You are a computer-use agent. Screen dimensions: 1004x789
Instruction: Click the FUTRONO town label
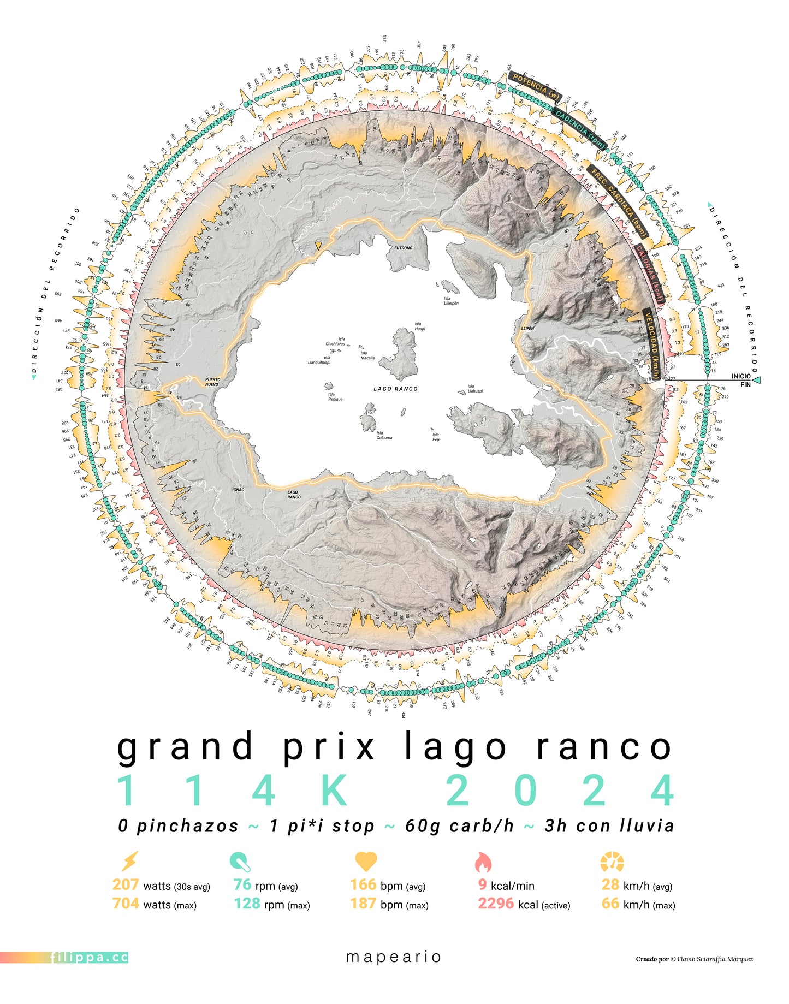(404, 248)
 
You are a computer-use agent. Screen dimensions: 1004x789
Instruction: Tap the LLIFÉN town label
(527, 329)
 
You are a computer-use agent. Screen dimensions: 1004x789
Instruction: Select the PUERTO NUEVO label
(212, 382)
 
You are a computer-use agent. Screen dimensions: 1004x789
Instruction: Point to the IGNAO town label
(238, 490)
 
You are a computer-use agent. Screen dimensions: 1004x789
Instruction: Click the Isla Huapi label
(419, 326)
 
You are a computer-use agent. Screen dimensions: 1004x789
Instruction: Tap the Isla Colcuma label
(384, 435)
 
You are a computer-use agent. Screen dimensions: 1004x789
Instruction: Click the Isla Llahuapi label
(475, 388)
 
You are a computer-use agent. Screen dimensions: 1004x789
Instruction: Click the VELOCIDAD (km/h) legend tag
(651, 344)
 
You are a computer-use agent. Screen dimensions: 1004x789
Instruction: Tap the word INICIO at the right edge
(741, 376)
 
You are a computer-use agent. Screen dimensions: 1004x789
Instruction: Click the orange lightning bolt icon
(129, 862)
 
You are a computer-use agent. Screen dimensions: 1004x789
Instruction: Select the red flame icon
(483, 862)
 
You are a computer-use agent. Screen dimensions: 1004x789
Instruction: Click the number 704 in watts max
(126, 904)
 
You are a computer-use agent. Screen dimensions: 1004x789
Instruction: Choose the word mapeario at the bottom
(394, 957)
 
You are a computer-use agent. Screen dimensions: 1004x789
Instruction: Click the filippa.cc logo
(89, 958)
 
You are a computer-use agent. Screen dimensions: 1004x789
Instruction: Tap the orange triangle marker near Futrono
(318, 246)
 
